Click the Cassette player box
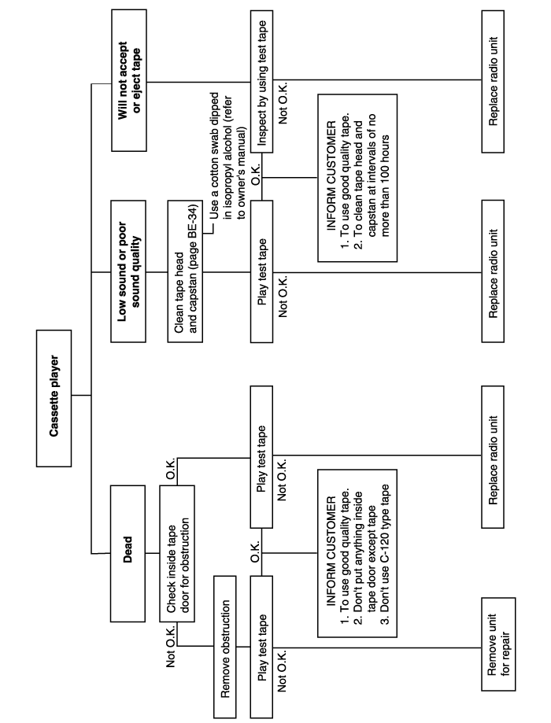[x=54, y=398]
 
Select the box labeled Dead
[x=128, y=553]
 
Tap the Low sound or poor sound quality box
[x=128, y=271]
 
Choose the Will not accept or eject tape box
[x=129, y=80]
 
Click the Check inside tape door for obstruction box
[x=177, y=553]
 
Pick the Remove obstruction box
[x=225, y=647]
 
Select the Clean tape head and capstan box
[x=185, y=271]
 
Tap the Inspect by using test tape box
[x=261, y=81]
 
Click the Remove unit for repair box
[x=498, y=644]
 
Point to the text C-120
[x=386, y=558]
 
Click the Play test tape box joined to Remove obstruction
[x=261, y=647]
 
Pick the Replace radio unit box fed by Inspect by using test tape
[x=493, y=81]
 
